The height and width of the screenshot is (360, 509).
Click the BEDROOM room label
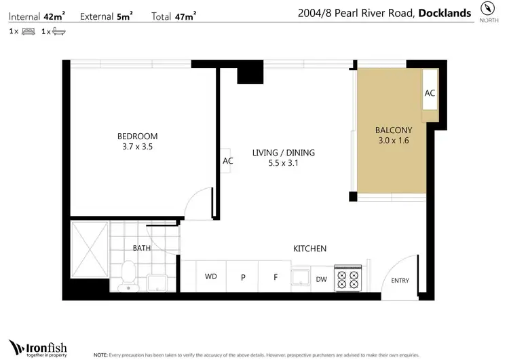point(137,135)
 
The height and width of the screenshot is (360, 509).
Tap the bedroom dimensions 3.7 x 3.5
point(137,145)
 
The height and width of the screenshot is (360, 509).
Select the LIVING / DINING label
point(283,153)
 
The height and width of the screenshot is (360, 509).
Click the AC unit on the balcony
point(430,94)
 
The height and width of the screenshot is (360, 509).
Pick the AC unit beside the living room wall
point(227,162)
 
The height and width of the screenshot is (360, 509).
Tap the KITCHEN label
point(309,249)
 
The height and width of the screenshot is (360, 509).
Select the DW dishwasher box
point(322,278)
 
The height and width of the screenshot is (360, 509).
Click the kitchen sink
point(299,277)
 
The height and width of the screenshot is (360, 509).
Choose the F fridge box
point(276,277)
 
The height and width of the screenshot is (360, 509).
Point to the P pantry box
point(243,277)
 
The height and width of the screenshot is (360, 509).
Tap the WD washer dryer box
point(211,277)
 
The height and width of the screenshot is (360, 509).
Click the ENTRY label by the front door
point(400,281)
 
